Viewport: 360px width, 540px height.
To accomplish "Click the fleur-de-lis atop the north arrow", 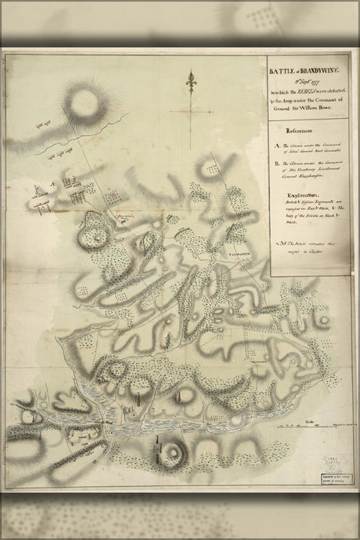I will click(191, 79).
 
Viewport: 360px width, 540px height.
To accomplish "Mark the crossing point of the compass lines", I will click(191, 110).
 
